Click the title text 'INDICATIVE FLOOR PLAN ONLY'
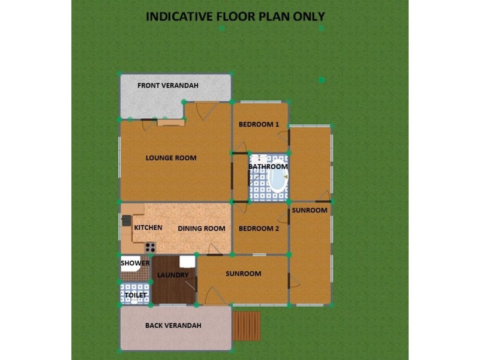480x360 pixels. click(x=235, y=16)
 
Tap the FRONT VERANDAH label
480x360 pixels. click(x=168, y=85)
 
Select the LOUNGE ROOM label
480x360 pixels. click(x=171, y=158)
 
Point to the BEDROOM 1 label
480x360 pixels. click(x=259, y=125)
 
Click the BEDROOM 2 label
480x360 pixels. click(x=259, y=229)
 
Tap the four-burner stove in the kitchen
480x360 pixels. click(x=150, y=247)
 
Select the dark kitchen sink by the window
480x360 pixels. click(x=127, y=220)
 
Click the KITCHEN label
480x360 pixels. click(x=148, y=228)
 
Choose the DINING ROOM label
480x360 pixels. click(x=202, y=229)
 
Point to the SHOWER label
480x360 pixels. click(x=135, y=263)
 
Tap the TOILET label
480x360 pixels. click(x=136, y=295)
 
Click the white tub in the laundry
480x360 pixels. click(x=187, y=261)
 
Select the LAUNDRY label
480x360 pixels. click(x=173, y=275)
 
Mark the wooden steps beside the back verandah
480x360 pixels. click(x=247, y=326)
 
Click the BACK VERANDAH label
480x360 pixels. click(x=173, y=326)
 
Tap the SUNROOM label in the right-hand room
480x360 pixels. click(x=310, y=210)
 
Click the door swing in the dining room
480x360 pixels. click(x=214, y=250)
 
